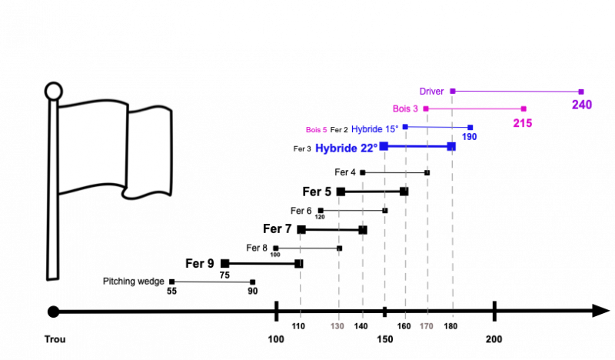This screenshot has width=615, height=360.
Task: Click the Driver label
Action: [x=431, y=92]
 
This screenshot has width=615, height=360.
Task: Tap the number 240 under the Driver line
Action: [x=582, y=105]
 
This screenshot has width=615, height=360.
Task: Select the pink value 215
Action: [x=523, y=123]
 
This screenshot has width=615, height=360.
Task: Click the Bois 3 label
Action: [x=405, y=108]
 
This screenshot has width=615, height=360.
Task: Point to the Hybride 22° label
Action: [x=347, y=148]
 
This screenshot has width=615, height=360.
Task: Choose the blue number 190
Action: [x=469, y=137]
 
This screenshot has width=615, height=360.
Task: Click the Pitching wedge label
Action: [x=133, y=282]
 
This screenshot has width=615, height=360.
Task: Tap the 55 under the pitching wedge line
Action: [x=171, y=292]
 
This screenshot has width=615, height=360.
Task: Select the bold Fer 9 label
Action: [x=200, y=263]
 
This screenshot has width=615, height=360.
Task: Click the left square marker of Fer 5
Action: [x=341, y=192]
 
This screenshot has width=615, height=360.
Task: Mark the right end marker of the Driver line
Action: [x=581, y=92]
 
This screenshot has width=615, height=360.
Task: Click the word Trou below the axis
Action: [x=55, y=339]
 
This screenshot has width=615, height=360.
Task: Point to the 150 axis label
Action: [x=385, y=339]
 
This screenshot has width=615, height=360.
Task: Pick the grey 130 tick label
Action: [x=337, y=326]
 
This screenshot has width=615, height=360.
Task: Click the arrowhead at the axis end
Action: [x=600, y=311]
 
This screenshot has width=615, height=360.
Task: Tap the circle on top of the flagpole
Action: [x=53, y=91]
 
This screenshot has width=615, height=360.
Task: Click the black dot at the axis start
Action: [x=53, y=312]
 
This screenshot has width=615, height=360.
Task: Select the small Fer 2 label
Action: [x=339, y=130]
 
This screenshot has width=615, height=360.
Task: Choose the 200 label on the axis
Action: [x=494, y=339]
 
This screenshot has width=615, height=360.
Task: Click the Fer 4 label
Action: [x=344, y=172]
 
